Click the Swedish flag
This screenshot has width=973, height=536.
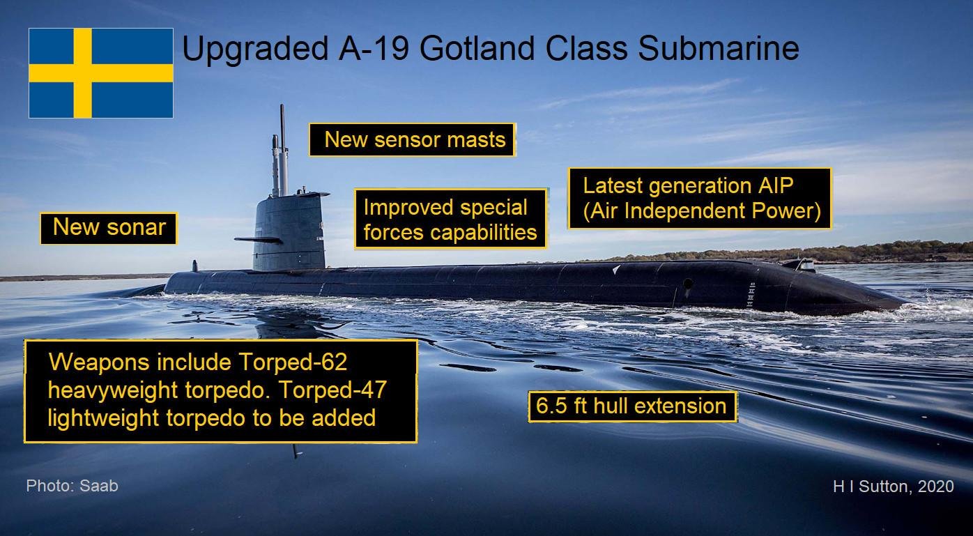point(101,73)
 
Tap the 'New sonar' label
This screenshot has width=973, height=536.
point(109,228)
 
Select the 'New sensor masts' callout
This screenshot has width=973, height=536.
point(412,140)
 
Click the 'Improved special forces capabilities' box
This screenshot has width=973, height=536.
point(450,219)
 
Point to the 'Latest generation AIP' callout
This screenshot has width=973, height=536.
point(700,199)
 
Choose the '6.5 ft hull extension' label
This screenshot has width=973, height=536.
point(632,406)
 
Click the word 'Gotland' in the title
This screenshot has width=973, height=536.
point(477,48)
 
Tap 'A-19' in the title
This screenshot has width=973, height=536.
point(373,48)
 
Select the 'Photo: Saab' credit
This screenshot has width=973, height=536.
point(72,486)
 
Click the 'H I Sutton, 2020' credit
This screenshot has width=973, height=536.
point(893,486)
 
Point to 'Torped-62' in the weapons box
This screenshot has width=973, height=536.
point(293,362)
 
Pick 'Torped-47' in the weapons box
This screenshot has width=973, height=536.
point(332,390)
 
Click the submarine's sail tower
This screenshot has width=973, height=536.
point(289,232)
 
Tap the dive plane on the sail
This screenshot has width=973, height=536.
point(258,240)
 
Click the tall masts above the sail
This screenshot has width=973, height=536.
point(281,151)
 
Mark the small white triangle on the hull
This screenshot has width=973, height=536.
point(616,270)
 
